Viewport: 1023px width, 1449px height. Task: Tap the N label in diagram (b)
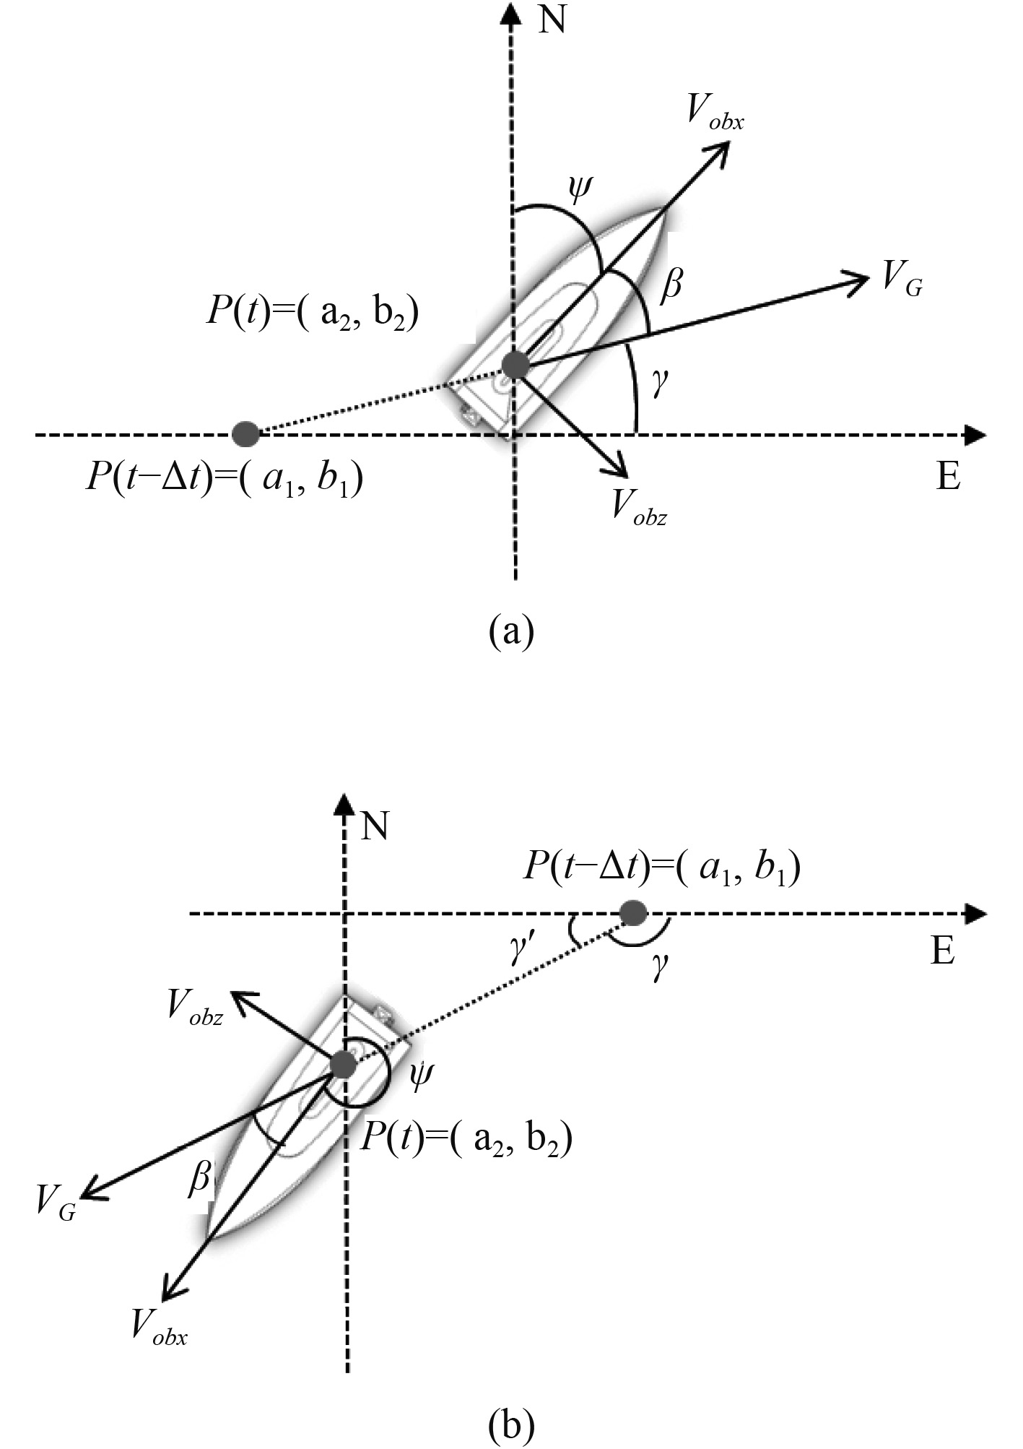pos(375,826)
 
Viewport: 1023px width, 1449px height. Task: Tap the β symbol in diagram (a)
pos(671,285)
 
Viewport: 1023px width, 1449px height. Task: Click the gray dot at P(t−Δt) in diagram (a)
pos(246,434)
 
